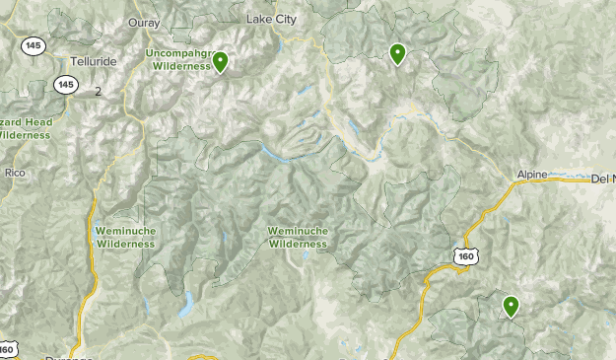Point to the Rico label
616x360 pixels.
coord(13,172)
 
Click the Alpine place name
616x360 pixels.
coord(530,176)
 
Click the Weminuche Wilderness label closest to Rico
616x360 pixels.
coord(124,237)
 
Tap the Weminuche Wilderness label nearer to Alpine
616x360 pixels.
coord(298,237)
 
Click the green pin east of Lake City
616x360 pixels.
coord(397,52)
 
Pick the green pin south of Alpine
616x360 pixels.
coord(511,306)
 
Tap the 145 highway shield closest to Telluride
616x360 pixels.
coord(66,85)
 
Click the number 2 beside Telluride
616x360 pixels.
coord(98,91)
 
